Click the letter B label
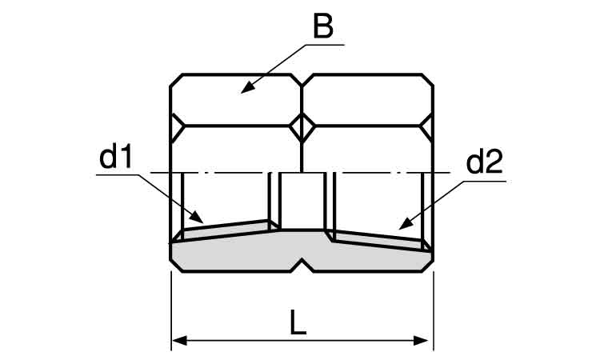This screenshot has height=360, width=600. click(x=323, y=26)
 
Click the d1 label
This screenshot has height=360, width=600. click(x=115, y=158)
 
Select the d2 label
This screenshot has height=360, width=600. click(x=484, y=162)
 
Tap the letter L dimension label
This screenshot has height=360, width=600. click(x=298, y=322)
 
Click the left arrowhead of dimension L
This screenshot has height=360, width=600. click(x=178, y=340)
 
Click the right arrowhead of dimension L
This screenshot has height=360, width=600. click(x=421, y=340)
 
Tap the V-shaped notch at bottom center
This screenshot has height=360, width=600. click(x=302, y=265)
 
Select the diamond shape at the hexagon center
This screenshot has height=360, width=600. click(x=302, y=126)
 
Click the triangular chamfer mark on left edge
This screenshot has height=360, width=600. click(x=177, y=126)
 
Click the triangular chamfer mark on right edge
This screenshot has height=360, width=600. click(x=426, y=125)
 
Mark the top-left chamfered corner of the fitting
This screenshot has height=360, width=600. click(x=176, y=80)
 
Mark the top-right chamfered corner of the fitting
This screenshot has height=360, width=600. click(x=428, y=80)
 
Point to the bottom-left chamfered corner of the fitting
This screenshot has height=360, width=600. click(x=176, y=266)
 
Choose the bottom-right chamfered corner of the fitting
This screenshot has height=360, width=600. click(x=428, y=266)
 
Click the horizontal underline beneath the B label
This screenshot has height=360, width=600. click(x=326, y=45)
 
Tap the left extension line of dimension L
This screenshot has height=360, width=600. click(x=171, y=310)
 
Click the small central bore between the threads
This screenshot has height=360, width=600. click(x=302, y=202)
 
